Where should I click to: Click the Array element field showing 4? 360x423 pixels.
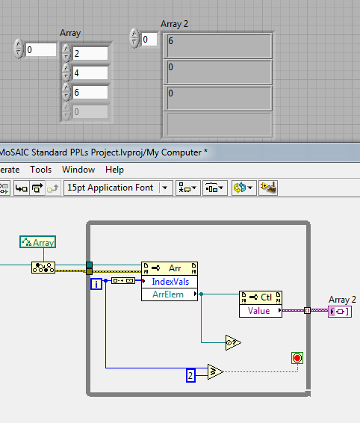[90, 72]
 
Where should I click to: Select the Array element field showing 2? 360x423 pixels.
[90, 53]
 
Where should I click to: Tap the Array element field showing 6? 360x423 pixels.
[90, 92]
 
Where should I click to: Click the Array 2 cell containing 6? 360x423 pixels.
[218, 46]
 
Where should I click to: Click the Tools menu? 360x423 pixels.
[41, 170]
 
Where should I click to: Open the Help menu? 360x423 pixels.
[114, 170]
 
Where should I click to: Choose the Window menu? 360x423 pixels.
[78, 170]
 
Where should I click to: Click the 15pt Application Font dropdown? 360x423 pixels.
[118, 188]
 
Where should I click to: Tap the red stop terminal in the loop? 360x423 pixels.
[297, 358]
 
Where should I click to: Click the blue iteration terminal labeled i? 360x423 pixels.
[96, 284]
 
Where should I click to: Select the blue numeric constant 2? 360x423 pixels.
[190, 375]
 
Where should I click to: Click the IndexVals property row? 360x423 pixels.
[170, 282]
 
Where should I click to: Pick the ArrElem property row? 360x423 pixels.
[170, 294]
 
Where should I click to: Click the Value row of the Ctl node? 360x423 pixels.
[261, 311]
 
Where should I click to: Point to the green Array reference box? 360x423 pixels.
[38, 242]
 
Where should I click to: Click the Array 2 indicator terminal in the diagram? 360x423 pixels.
[340, 312]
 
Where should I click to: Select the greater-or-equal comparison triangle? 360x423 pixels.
[215, 371]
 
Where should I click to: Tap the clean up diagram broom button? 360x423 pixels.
[268, 188]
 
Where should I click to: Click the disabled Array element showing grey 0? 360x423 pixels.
[90, 111]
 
